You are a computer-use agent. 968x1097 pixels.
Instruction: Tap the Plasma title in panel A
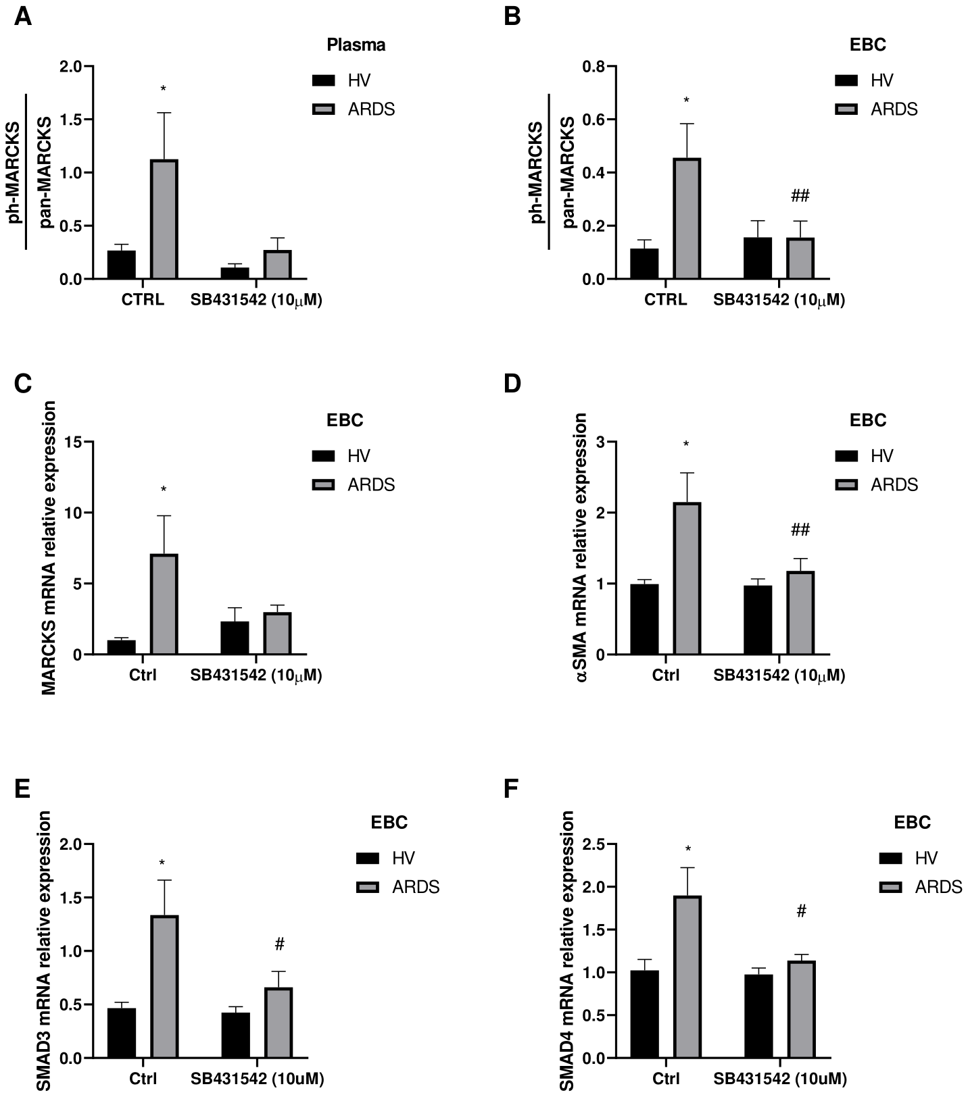click(356, 45)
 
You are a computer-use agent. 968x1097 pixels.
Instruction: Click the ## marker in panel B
click(800, 197)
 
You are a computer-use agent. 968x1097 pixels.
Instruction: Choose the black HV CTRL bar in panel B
click(644, 263)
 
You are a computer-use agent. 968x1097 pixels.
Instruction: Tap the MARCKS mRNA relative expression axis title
click(49, 547)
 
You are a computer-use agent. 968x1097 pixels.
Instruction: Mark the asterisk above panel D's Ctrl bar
click(686, 444)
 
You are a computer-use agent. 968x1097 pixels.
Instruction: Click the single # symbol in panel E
click(279, 943)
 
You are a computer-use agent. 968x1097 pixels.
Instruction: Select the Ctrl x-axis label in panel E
click(143, 1078)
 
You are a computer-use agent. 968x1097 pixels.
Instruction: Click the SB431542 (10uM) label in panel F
click(779, 1078)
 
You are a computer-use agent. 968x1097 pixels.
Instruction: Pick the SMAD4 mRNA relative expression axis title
click(567, 950)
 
